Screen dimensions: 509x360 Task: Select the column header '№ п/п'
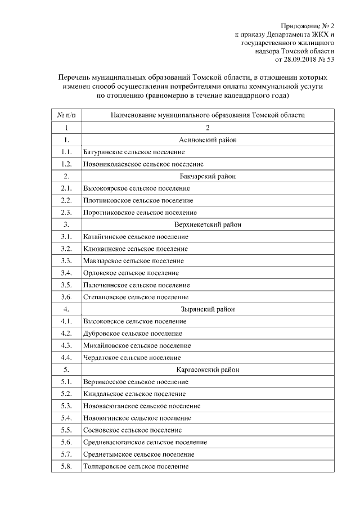(66, 115)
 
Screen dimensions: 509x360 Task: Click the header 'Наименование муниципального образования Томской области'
(208, 115)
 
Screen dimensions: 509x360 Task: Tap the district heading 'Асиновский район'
(208, 139)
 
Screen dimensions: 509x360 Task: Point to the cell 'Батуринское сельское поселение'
(134, 152)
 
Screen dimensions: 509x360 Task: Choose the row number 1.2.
(66, 164)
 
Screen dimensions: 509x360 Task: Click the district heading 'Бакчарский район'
(208, 176)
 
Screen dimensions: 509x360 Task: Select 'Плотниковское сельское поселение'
(138, 200)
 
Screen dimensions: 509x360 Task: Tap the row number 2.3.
(66, 213)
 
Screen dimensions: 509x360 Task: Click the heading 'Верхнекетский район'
(208, 224)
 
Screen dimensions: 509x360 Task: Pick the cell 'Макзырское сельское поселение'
(133, 261)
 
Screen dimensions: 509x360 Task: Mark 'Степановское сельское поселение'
(136, 297)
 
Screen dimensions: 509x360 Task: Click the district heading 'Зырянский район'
(208, 309)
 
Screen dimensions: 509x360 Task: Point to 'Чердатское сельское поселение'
(132, 357)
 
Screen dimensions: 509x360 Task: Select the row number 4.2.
(66, 333)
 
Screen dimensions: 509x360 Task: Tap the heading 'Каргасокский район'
(208, 370)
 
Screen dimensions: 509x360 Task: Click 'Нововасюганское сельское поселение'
(141, 406)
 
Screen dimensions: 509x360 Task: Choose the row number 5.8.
(66, 466)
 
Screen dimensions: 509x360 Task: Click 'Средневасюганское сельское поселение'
(145, 442)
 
